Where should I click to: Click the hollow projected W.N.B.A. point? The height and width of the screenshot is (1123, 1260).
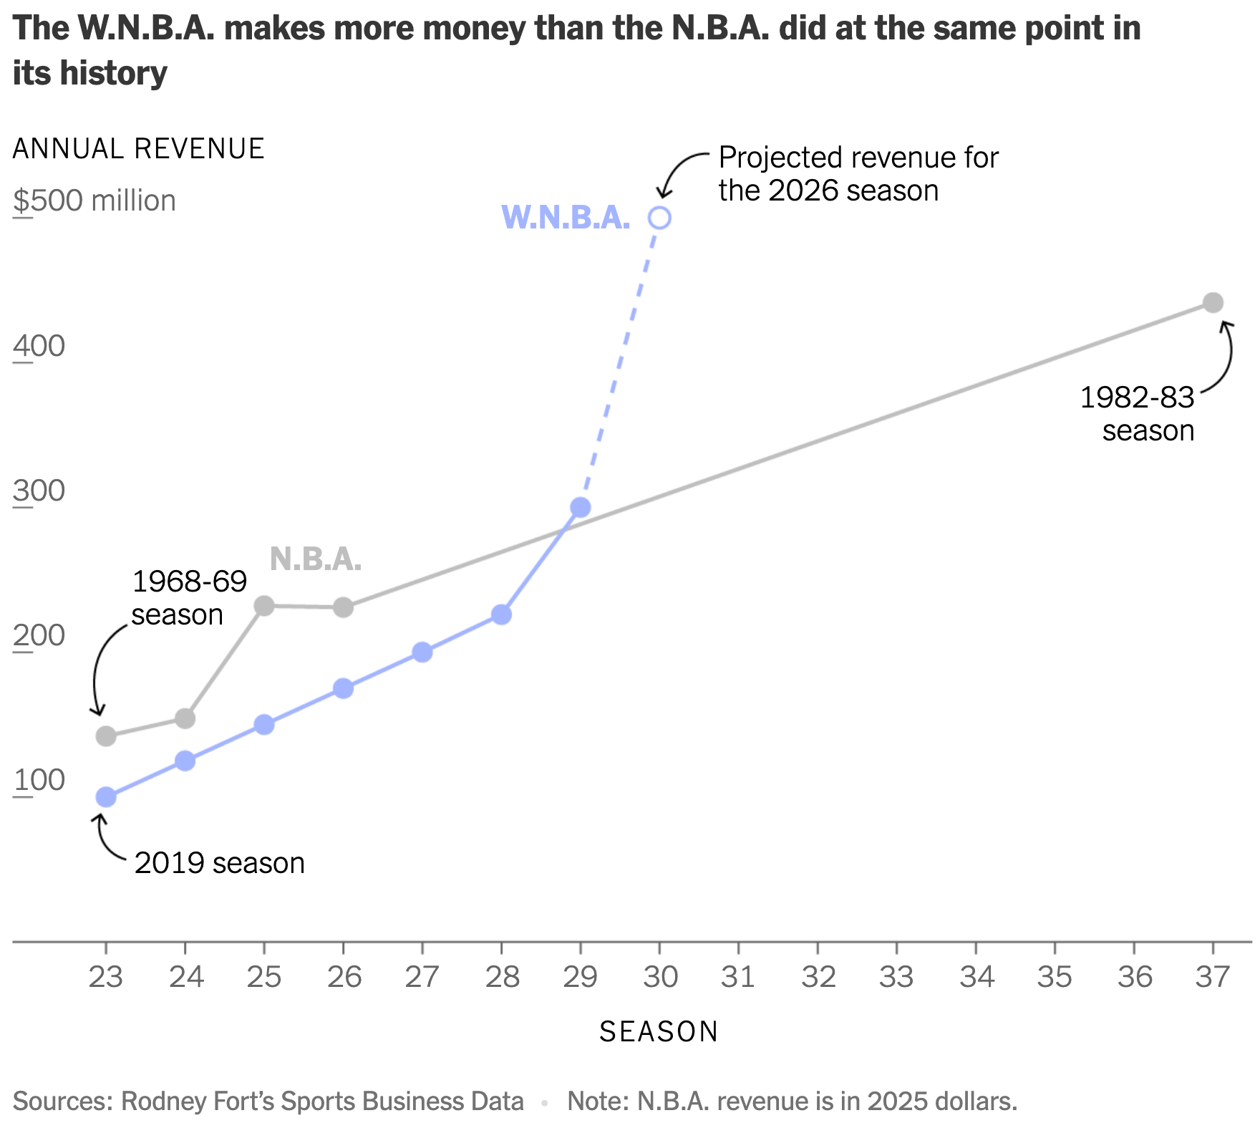coord(659,218)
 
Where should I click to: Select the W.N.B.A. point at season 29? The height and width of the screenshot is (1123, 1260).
coord(581,508)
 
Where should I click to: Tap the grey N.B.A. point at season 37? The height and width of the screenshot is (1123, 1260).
coord(1212,303)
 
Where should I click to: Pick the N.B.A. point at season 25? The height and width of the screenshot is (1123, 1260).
coord(264,606)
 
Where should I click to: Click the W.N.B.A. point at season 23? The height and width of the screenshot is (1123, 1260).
coord(106,797)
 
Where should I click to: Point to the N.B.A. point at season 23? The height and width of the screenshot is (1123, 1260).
coord(106,736)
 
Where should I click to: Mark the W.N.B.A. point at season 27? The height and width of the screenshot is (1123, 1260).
coord(422,652)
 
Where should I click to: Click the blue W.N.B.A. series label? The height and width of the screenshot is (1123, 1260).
coord(566,218)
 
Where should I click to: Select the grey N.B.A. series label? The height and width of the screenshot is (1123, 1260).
coord(316,559)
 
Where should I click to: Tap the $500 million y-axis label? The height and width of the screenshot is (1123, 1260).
coord(94,201)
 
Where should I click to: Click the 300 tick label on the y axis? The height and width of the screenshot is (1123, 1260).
coord(39,491)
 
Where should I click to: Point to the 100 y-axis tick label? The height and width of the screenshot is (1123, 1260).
coord(39,780)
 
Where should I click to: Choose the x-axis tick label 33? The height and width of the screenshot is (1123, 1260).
coord(896,977)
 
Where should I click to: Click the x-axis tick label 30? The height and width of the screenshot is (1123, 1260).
coord(659,977)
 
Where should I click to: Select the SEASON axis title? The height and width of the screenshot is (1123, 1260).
coord(659,1032)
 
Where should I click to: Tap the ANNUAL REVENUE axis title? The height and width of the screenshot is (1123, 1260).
coord(139,149)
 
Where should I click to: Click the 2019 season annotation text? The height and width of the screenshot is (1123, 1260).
coord(220,863)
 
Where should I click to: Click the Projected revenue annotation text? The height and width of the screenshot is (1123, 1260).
coord(858,174)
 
